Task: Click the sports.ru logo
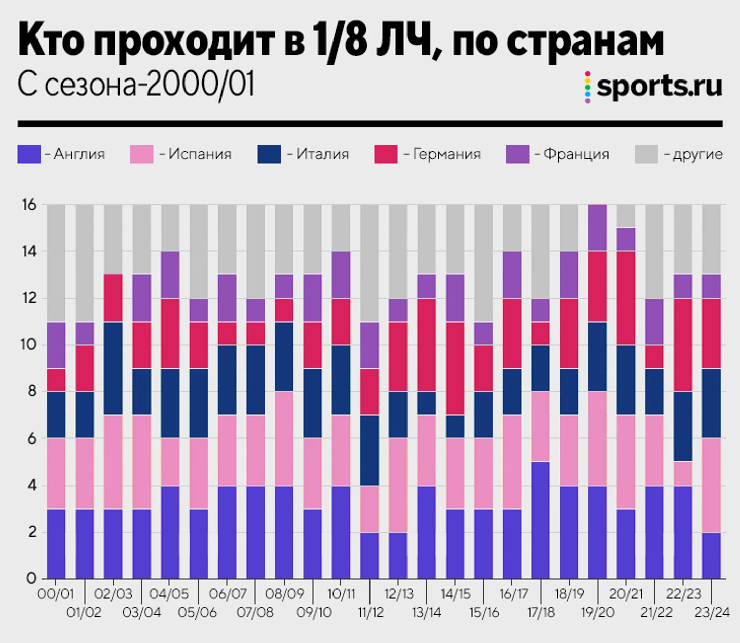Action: coord(654,86)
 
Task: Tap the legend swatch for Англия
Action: coord(29,154)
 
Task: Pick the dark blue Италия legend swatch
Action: coord(269,154)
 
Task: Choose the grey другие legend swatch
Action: coord(646,154)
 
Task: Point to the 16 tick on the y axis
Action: coord(29,205)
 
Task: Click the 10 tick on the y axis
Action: coord(29,345)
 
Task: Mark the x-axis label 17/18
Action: coord(541,613)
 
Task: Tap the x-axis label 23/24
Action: coord(712,613)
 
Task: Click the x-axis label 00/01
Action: coord(55,594)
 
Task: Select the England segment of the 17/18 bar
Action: coord(541,520)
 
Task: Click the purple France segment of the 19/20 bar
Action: coord(598,228)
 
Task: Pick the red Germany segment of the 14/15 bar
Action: coord(455,369)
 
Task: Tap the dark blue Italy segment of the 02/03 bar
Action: coord(113,369)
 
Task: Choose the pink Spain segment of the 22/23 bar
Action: coord(683,473)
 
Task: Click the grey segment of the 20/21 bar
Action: coord(626,216)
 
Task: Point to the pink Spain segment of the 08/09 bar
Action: coord(284,438)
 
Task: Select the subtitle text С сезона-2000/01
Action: coord(136,85)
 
